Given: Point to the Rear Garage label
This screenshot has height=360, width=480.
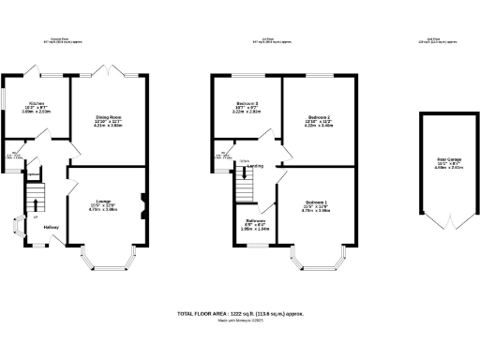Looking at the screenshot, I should tap(438, 160).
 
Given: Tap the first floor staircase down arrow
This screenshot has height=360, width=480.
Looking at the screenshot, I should tap(245, 172).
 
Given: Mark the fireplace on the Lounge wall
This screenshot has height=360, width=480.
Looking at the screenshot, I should tap(142, 198).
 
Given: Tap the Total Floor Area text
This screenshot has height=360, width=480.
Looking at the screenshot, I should tap(239, 314).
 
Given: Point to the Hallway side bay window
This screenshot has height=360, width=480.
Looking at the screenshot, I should tap(16, 226).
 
